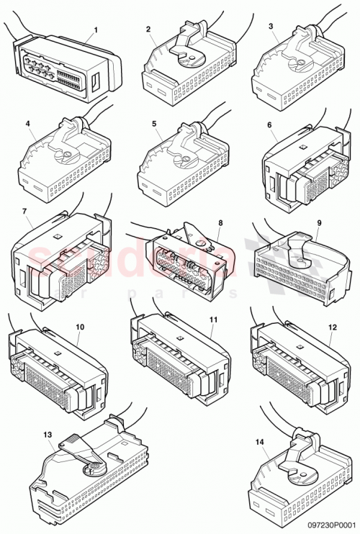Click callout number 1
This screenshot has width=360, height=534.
(x=95, y=31)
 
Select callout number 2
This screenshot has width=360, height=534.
(x=148, y=30)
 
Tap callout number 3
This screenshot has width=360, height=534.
(x=270, y=26)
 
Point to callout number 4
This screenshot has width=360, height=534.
(x=27, y=124)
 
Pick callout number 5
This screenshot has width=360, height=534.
(x=154, y=124)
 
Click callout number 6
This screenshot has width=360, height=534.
(x=269, y=125)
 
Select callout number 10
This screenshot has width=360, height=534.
(x=79, y=327)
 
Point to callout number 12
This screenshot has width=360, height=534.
(x=332, y=327)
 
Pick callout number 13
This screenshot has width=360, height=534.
(x=48, y=435)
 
